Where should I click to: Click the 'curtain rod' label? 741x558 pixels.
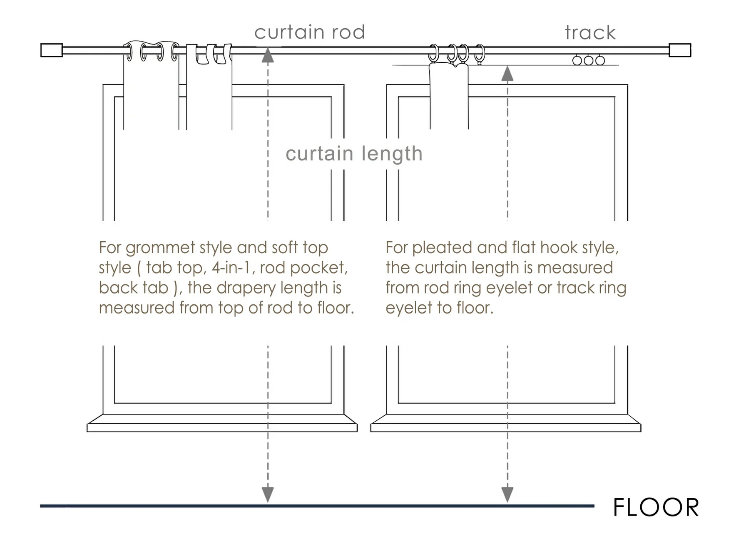pyautogui.click(x=310, y=32)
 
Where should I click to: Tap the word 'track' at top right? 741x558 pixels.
pyautogui.click(x=590, y=33)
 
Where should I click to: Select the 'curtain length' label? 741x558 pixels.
pyautogui.click(x=354, y=154)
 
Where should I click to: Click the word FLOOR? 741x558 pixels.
pyautogui.click(x=656, y=508)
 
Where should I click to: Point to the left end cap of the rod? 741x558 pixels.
pyautogui.click(x=52, y=50)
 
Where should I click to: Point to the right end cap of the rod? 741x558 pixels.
pyautogui.click(x=680, y=50)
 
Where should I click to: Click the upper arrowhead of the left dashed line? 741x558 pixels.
pyautogui.click(x=268, y=56)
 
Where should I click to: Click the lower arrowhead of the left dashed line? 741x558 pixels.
pyautogui.click(x=268, y=494)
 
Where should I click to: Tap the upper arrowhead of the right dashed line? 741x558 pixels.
pyautogui.click(x=507, y=74)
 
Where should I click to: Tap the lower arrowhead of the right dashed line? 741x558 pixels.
pyautogui.click(x=507, y=494)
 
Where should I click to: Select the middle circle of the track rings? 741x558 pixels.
pyautogui.click(x=588, y=61)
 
